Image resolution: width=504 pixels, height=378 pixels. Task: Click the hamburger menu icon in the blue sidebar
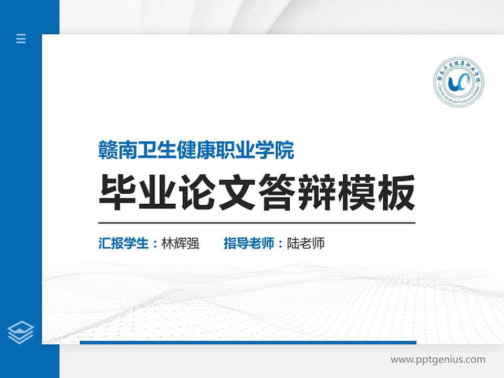click(21, 38)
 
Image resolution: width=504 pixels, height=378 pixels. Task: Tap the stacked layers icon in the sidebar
click(21, 332)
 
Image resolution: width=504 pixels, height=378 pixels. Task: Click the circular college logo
click(458, 83)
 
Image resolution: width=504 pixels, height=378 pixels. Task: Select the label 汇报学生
click(124, 244)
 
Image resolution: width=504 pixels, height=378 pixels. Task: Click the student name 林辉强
click(180, 244)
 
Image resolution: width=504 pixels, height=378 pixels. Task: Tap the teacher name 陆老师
click(306, 244)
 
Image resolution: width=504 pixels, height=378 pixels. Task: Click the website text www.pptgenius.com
click(438, 360)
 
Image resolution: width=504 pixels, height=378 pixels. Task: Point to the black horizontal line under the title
click(257, 223)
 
